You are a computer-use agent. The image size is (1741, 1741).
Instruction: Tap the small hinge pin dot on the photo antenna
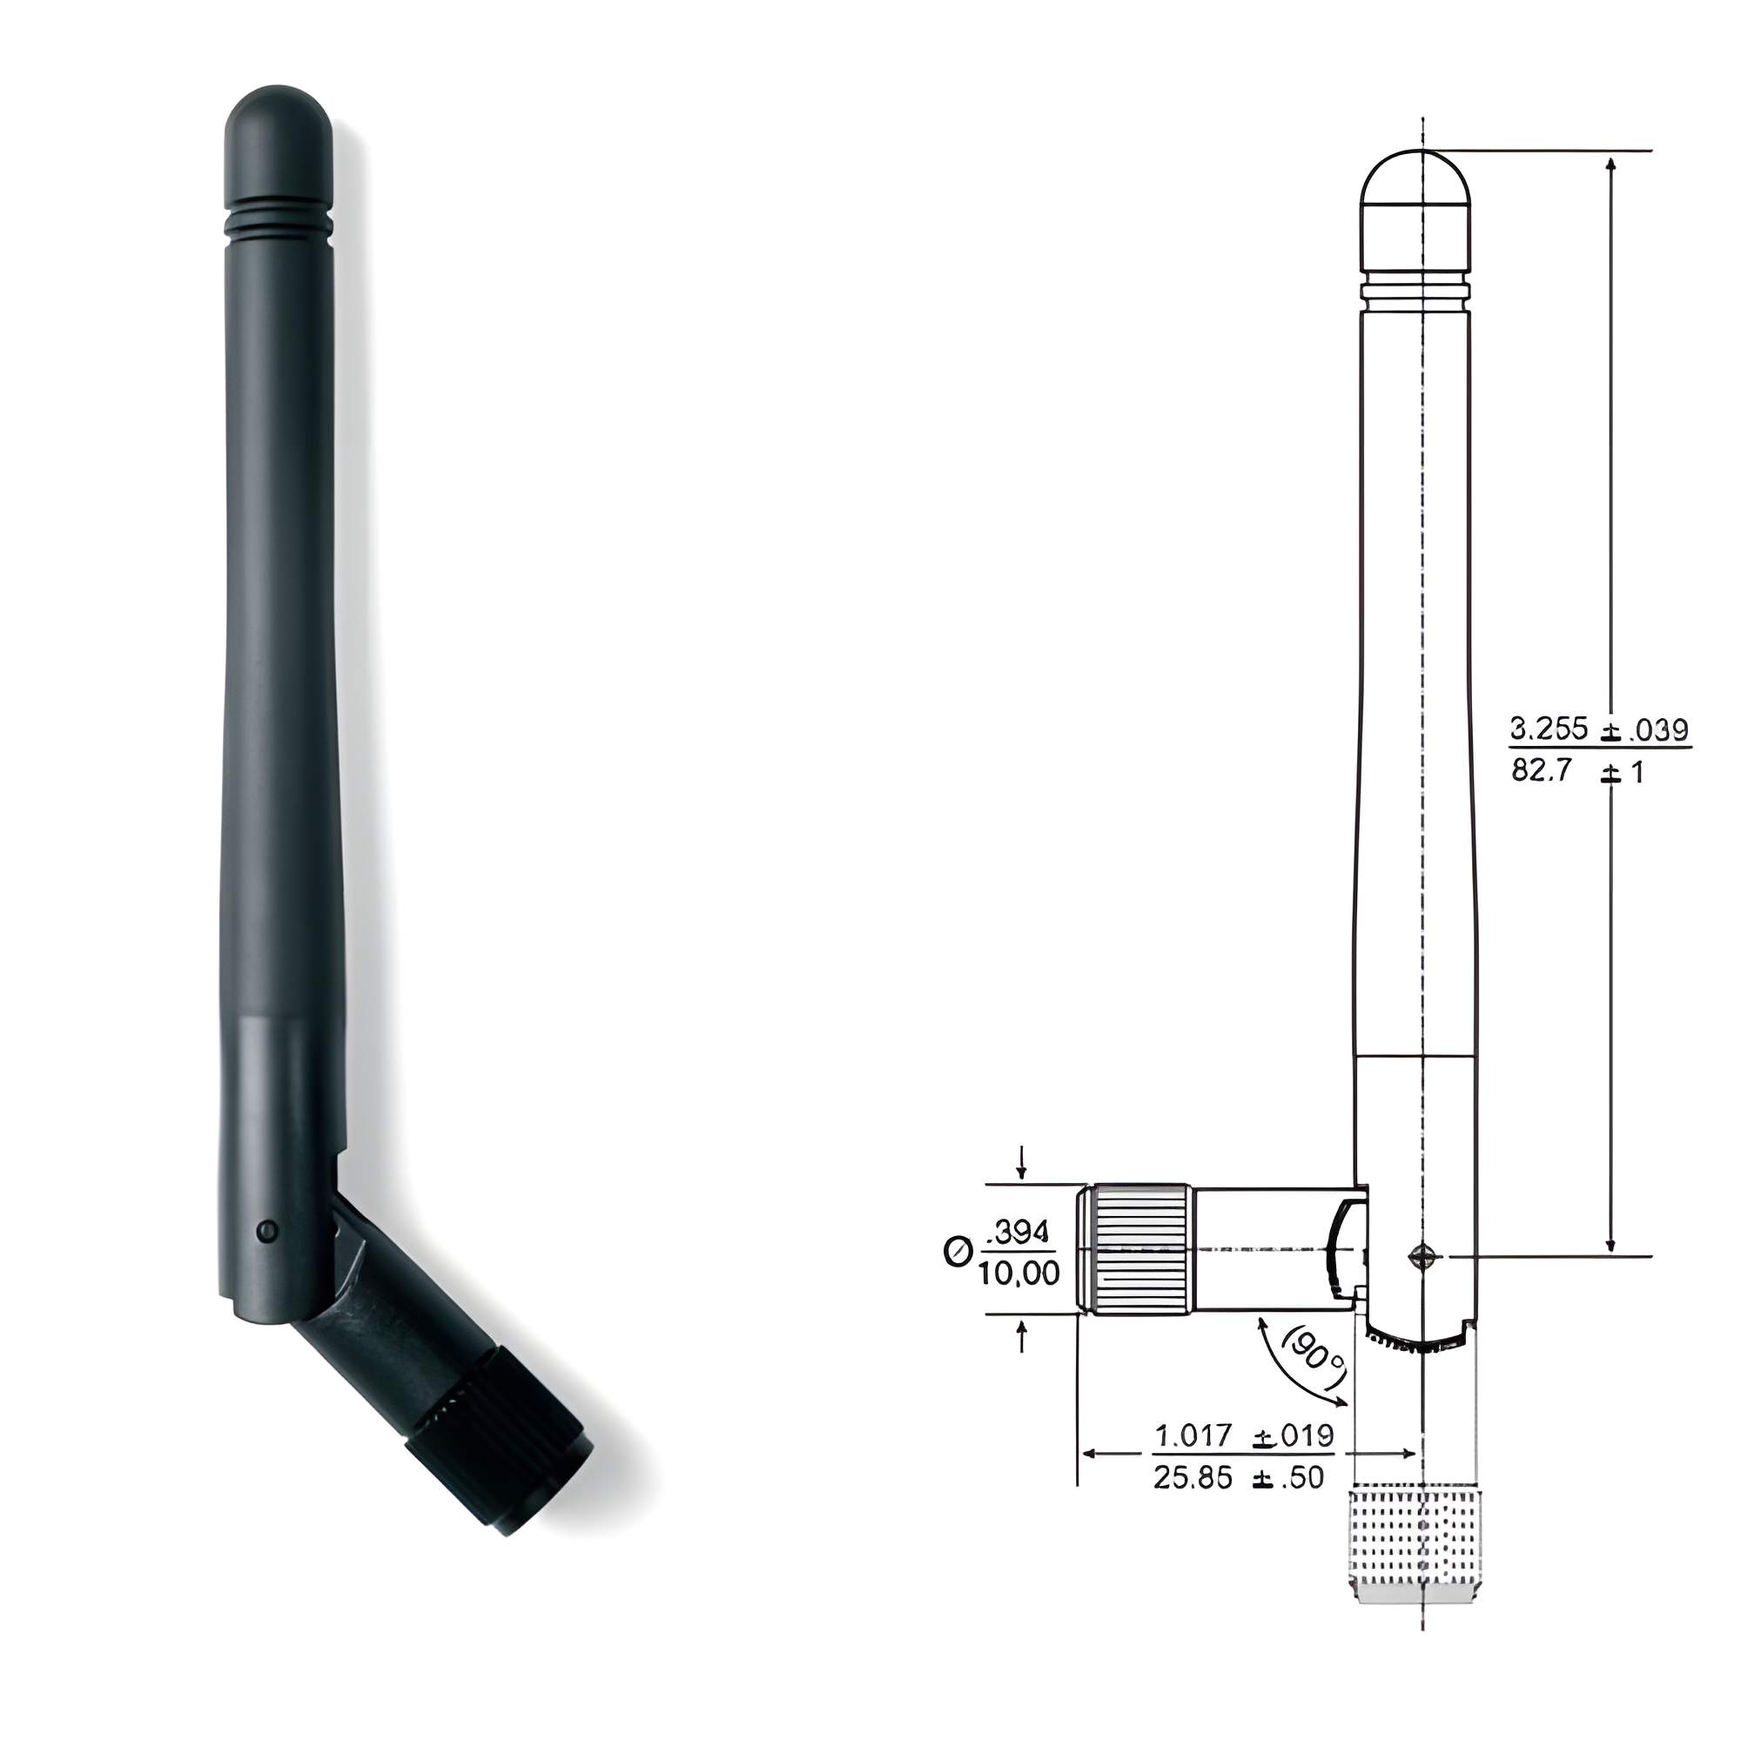pyautogui.click(x=266, y=1229)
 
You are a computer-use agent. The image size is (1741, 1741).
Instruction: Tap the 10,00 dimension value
pyautogui.click(x=1020, y=1273)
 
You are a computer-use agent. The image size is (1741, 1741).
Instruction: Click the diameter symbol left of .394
pyautogui.click(x=957, y=1252)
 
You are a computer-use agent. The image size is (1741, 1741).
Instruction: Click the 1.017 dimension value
pyautogui.click(x=1193, y=1435)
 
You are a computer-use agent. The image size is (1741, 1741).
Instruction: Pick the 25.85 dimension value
pyautogui.click(x=1193, y=1478)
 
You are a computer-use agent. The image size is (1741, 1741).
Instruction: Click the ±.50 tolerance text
pyautogui.click(x=1288, y=1478)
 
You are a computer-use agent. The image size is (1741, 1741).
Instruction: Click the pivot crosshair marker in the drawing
pyautogui.click(x=1423, y=1255)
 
